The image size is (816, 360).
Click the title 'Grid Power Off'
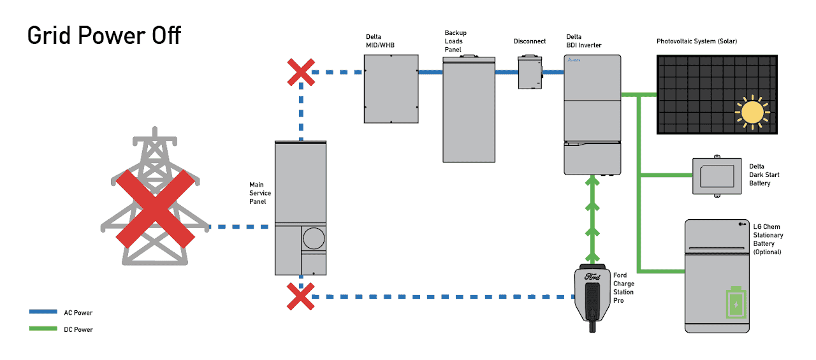tap(104, 35)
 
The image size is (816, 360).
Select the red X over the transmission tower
tap(155, 208)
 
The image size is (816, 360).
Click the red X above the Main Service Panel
tap(301, 72)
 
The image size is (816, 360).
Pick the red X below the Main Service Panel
tap(300, 296)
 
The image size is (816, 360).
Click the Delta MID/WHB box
tap(391, 88)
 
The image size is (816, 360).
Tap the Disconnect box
tap(530, 72)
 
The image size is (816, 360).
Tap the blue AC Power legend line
tap(43, 312)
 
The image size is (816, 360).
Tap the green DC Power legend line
tap(43, 329)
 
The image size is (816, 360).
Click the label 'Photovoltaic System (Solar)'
tap(697, 41)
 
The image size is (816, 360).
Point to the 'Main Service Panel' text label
tap(260, 193)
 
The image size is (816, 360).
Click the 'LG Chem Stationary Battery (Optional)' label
tap(768, 239)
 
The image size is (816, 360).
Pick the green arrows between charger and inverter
tap(592, 217)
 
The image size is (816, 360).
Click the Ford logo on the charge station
tap(592, 277)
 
